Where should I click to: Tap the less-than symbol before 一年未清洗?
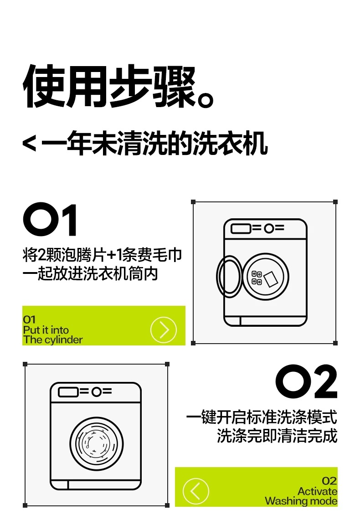29,144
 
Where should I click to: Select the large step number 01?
50,219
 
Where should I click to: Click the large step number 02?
306,381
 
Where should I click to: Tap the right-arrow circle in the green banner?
164,330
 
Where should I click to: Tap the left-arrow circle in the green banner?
196,491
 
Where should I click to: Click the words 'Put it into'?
46,330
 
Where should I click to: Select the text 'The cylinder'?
53,340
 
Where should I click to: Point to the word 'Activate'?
317,491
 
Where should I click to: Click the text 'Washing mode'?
301,501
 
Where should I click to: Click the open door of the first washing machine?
229,277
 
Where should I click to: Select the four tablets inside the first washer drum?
257,278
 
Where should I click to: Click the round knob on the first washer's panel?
269,228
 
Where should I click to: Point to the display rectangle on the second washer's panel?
68,392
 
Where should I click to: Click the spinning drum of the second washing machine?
97,444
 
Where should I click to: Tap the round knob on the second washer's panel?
97,392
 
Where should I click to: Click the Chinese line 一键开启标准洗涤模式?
262,417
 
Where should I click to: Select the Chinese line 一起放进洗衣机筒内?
90,273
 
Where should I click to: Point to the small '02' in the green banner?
329,481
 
